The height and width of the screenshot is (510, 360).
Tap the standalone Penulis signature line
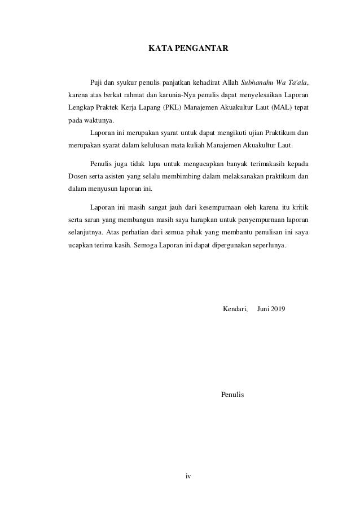[x=233, y=394]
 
